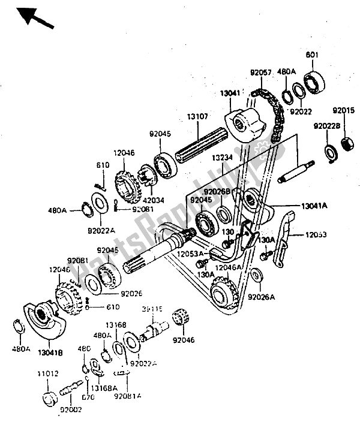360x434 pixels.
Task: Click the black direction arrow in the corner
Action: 36,18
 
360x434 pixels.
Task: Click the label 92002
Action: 71,411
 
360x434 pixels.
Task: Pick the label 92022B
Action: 326,126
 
